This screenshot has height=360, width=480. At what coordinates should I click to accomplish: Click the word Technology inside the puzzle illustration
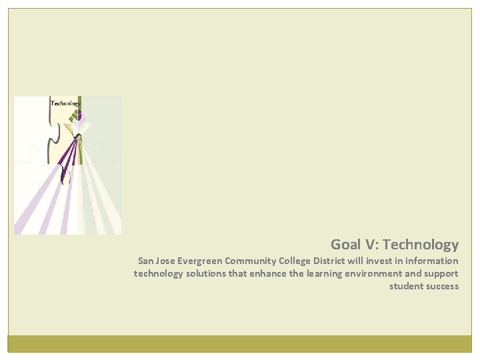66,103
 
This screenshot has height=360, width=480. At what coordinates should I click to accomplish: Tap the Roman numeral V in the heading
371,245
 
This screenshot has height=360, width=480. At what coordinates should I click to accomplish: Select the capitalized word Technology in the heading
421,245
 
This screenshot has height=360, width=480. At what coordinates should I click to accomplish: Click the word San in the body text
145,261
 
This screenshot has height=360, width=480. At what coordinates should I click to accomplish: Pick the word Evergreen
204,261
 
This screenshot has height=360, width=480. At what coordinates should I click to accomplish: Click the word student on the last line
406,286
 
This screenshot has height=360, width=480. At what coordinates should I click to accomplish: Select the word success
443,286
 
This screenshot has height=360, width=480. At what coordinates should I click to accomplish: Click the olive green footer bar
240,343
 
